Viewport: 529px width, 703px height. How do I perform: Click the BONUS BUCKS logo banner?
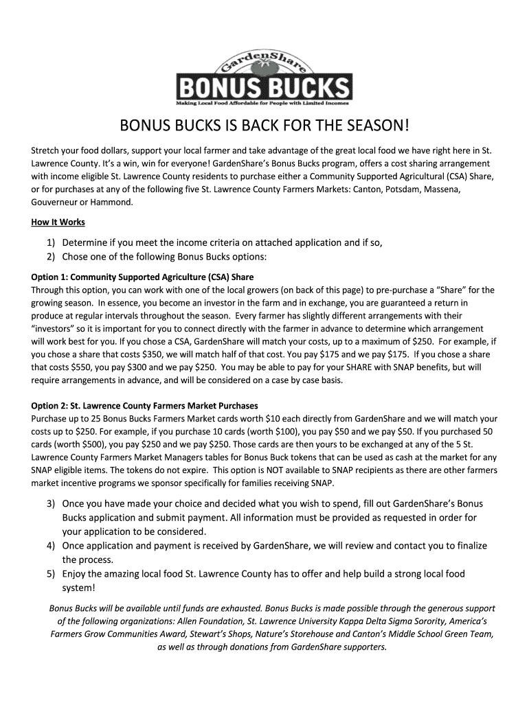(x=264, y=88)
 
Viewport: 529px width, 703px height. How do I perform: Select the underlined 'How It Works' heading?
(x=58, y=222)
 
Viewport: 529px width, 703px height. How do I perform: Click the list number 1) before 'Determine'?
(x=52, y=242)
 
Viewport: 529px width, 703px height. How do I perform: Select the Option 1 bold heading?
(x=143, y=277)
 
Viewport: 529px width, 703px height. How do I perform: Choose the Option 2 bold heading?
(x=145, y=406)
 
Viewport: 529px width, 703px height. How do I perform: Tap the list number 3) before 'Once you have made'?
(x=52, y=504)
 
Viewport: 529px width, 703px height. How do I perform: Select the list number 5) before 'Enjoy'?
(x=52, y=574)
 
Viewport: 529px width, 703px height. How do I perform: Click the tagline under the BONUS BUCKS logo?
(x=263, y=104)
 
